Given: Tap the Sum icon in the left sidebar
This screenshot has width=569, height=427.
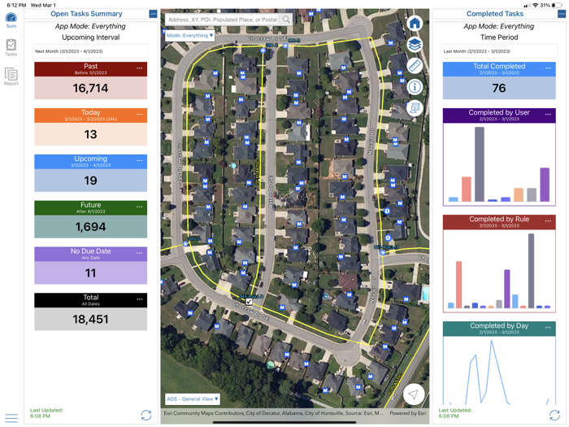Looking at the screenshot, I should pos(11,19).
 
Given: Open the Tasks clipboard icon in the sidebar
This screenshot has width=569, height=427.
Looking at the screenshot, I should pos(11,47).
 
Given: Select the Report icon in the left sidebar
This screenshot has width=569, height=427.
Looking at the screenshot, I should pos(11,76).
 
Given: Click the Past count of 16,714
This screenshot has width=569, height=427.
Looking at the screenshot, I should pos(90,89).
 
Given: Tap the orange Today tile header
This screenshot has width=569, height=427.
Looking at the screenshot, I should pos(90,115).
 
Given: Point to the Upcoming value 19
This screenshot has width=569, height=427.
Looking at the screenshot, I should pos(90,181).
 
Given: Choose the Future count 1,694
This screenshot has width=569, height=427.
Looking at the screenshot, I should pos(90,227).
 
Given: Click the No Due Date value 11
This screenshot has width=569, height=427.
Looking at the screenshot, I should pos(90,273).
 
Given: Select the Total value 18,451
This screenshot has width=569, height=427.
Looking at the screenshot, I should pos(90,320).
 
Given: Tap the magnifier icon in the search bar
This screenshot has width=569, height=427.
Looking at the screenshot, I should pos(286,20).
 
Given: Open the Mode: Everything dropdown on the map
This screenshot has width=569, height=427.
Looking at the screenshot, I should pos(190,36).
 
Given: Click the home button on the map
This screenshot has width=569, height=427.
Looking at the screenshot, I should pos(415,24).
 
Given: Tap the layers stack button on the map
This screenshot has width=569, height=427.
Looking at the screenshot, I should pos(415,45).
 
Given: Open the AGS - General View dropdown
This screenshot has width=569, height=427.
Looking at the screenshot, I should pos(193,399).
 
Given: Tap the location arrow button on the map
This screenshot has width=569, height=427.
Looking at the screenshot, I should pos(414,394).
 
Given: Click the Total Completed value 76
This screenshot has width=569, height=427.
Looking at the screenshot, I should pos(498,88).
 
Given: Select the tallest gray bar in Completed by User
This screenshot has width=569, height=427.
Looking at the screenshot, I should pos(480,164).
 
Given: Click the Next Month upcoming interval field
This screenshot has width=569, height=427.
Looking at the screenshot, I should pos(90,51).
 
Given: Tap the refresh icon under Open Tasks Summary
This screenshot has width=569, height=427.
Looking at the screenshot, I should pos(146,415).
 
